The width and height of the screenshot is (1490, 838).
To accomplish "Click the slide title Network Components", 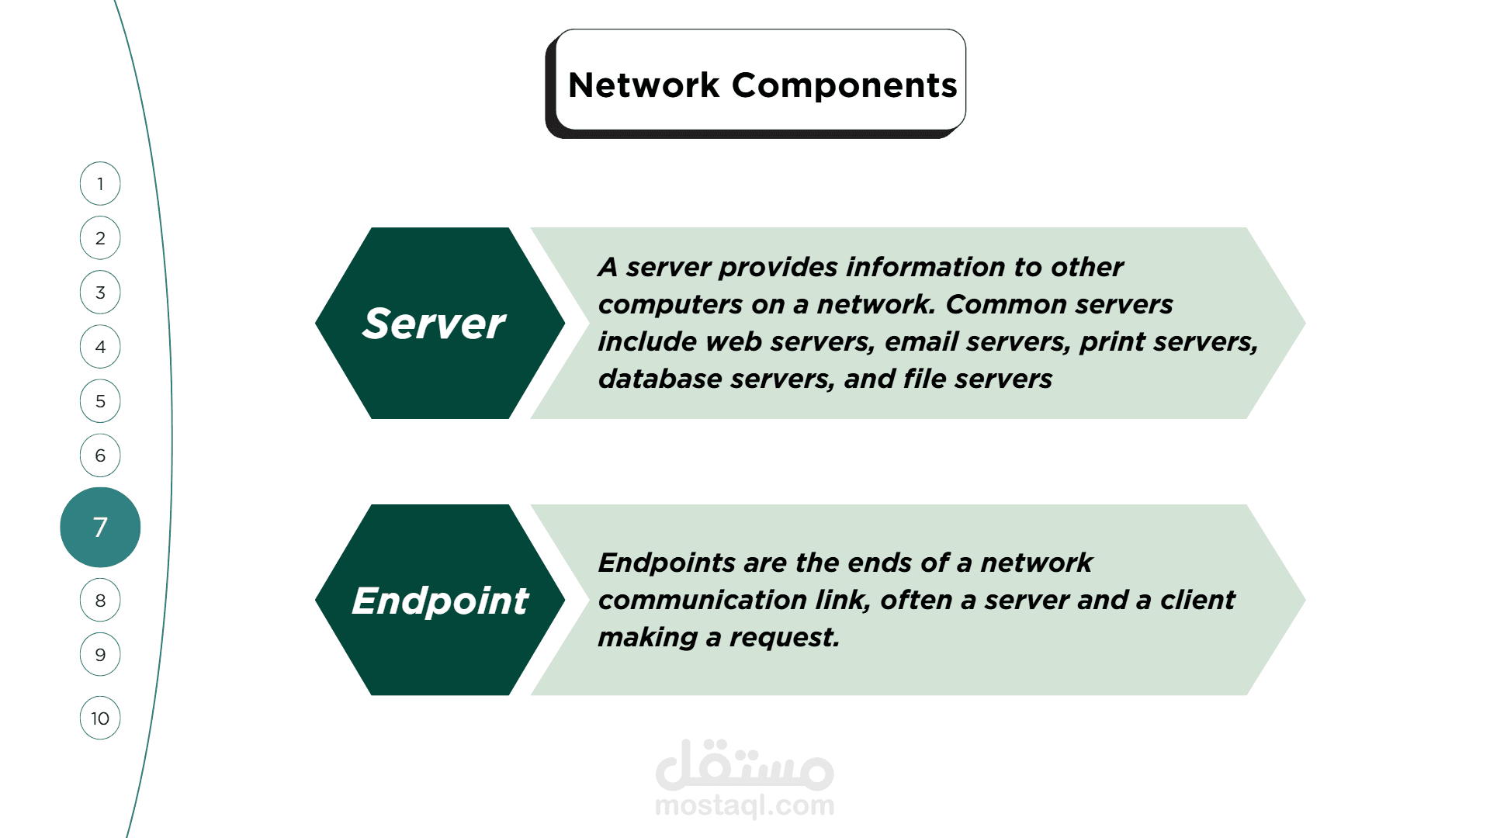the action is pos(762,85).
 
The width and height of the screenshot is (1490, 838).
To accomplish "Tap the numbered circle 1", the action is pos(100,184).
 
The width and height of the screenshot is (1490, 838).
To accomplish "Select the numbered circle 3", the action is pos(100,293).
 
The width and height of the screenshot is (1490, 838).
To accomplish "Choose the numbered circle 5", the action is pos(100,401).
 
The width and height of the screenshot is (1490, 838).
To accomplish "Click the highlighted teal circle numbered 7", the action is pos(100,528).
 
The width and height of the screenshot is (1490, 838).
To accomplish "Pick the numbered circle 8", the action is pos(100,601).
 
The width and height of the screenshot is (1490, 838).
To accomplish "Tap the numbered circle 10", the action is pos(100,719).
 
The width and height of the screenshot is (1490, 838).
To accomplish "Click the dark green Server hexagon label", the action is pos(440,323).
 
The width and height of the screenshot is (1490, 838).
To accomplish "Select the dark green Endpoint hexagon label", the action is pos(440,600).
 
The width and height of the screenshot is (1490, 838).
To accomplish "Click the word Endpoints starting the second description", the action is pos(667,563).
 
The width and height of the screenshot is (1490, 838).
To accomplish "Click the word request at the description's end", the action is pos(785,638).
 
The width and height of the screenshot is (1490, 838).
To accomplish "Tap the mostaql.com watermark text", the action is pos(745,805).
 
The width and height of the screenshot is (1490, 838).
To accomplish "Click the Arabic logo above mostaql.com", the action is pos(745,765).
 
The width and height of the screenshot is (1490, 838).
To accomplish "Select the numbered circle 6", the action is pos(100,455).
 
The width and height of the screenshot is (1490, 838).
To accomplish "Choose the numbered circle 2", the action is pos(100,238).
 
